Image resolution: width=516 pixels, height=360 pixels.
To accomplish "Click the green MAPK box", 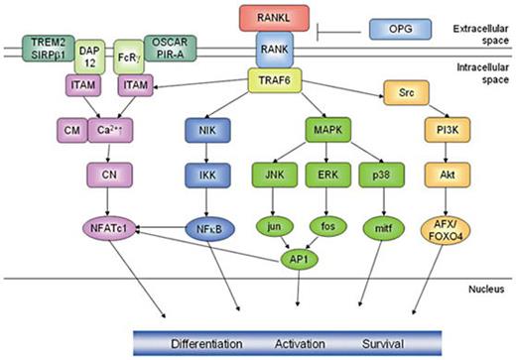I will (x=326, y=130).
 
